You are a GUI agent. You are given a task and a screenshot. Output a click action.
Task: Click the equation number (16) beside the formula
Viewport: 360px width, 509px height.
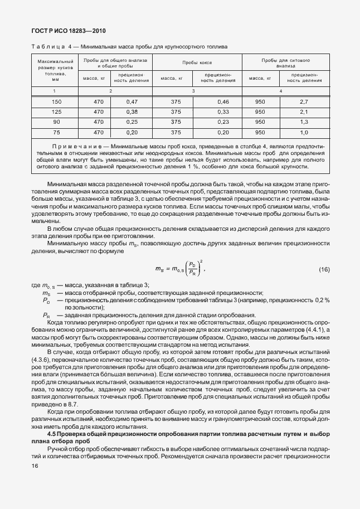324,270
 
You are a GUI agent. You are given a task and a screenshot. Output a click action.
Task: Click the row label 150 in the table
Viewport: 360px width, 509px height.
56,101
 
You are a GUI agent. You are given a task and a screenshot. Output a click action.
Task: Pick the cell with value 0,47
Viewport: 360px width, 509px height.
132,101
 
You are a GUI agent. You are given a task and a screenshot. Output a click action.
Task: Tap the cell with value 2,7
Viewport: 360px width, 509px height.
304,101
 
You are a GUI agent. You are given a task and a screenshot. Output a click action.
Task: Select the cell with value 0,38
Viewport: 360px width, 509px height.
132,112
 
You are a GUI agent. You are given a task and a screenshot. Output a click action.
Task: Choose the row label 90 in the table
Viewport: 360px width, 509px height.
56,122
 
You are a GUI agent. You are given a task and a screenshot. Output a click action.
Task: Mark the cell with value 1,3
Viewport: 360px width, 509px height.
304,122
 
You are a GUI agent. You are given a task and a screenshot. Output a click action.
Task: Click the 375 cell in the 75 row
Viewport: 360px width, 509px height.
176,132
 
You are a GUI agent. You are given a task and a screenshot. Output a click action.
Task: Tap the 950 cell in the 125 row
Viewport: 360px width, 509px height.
260,112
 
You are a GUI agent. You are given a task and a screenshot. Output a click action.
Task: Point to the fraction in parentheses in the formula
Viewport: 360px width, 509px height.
193,269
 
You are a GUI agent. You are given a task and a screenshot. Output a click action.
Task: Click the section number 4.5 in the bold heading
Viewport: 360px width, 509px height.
52,433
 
